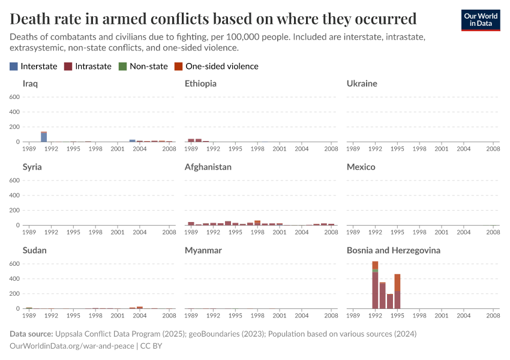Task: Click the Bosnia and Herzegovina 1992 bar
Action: point(375,288)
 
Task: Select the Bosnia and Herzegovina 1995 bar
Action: point(397,294)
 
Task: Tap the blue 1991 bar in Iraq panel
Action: point(44,137)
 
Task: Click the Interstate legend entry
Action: point(34,66)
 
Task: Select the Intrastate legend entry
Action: point(88,66)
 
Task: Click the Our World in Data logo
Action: point(480,20)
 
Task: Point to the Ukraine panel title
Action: point(362,83)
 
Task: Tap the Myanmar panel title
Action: point(203,250)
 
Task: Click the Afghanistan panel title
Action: point(208,167)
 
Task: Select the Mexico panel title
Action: point(361,167)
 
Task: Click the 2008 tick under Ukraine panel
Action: point(493,148)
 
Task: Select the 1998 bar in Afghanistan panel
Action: point(257,223)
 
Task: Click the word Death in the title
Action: point(29,18)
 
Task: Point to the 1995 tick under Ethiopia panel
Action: point(235,148)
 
